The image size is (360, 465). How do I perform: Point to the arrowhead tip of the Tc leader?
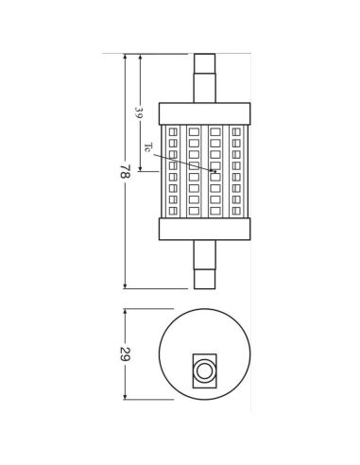215,171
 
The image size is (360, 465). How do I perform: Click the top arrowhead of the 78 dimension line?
125,57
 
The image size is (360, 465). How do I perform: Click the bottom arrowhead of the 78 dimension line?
125,286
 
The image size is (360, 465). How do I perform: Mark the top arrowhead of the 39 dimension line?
141,57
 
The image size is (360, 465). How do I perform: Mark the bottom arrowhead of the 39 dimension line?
141,170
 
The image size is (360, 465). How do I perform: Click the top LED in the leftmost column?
172,131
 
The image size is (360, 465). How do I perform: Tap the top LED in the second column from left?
194,131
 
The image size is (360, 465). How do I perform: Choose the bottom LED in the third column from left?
215,210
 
